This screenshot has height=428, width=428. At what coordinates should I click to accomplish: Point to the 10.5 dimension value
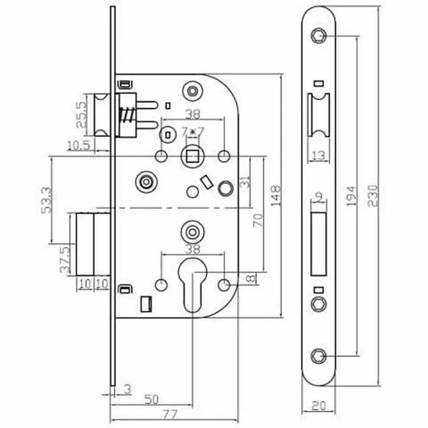pos(78,144)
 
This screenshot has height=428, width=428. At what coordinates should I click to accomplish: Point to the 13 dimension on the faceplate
pos(318,156)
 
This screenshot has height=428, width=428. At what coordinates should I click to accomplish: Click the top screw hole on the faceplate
pos(318,35)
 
